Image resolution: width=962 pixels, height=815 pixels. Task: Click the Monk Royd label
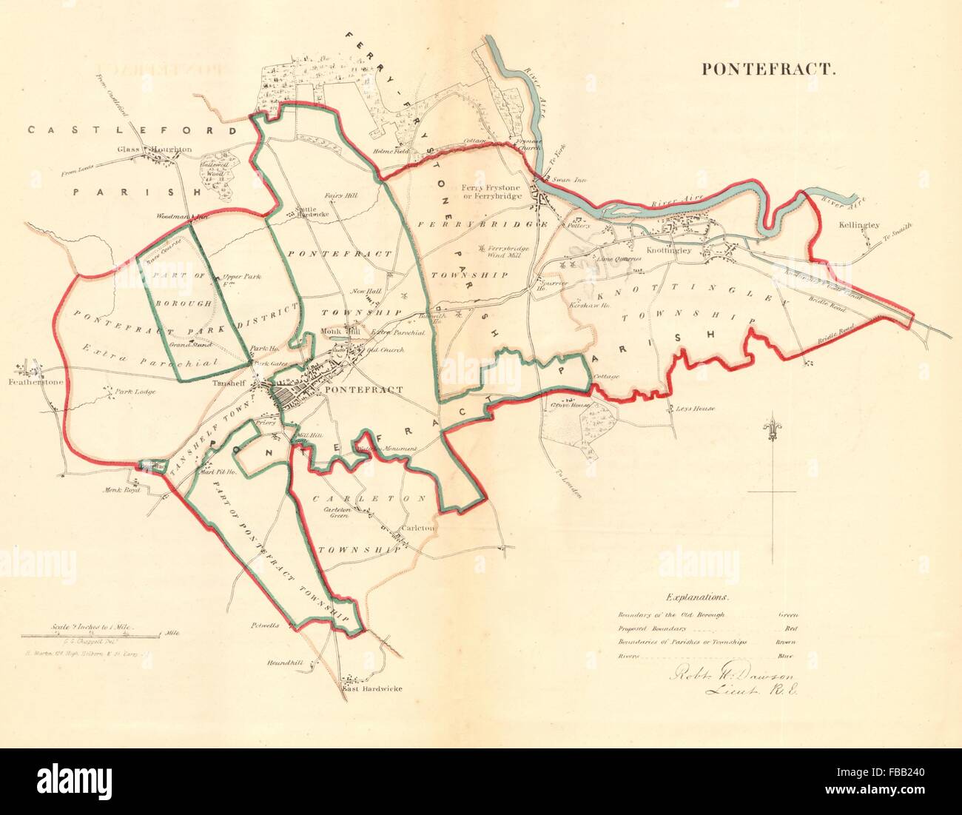(119, 489)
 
